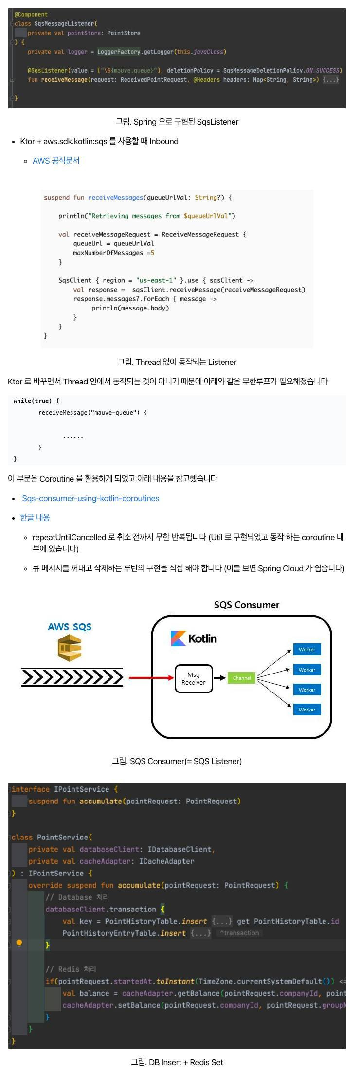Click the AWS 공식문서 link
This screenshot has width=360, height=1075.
(x=56, y=161)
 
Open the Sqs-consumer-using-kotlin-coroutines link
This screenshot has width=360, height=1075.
(x=90, y=498)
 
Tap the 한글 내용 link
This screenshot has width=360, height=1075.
(x=35, y=517)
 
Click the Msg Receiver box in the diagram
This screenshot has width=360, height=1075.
(x=194, y=678)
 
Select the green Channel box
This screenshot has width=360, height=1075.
(x=241, y=678)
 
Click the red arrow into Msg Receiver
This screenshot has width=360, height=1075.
(x=151, y=678)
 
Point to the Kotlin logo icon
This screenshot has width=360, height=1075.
(x=179, y=638)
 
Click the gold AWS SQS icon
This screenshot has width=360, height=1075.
(x=70, y=648)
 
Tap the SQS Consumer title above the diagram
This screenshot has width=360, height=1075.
(x=247, y=605)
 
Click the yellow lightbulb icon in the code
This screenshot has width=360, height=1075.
(x=19, y=944)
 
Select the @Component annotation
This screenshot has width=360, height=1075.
(x=31, y=15)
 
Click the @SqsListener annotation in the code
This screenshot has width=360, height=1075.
(x=47, y=70)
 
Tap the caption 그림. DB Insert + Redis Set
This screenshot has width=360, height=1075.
(x=177, y=1062)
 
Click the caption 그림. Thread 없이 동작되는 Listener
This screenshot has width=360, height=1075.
(x=177, y=362)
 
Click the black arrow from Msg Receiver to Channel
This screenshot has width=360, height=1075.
(x=220, y=678)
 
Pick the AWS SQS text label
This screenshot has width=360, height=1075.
(x=70, y=627)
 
